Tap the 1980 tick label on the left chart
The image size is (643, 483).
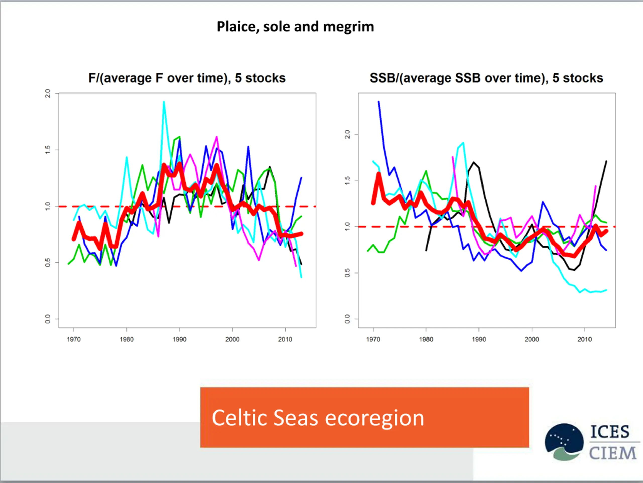(x=126, y=339)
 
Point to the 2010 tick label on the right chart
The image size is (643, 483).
(x=584, y=339)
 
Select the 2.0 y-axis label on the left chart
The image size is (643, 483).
(x=48, y=94)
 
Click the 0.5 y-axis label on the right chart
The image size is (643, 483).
(x=347, y=273)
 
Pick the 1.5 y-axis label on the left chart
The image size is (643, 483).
(x=48, y=150)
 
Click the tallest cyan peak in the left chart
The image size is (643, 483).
(x=164, y=102)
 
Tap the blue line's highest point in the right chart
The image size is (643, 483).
(x=379, y=102)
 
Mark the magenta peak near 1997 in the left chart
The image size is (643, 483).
(x=217, y=137)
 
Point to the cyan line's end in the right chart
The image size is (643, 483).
(x=606, y=290)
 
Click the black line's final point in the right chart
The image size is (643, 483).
(x=606, y=161)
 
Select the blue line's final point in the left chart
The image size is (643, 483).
(x=301, y=177)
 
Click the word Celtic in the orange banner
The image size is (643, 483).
(x=239, y=418)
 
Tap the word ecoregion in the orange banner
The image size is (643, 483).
(x=374, y=418)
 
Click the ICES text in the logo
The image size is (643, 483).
(x=610, y=432)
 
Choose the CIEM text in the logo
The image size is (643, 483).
(x=612, y=453)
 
